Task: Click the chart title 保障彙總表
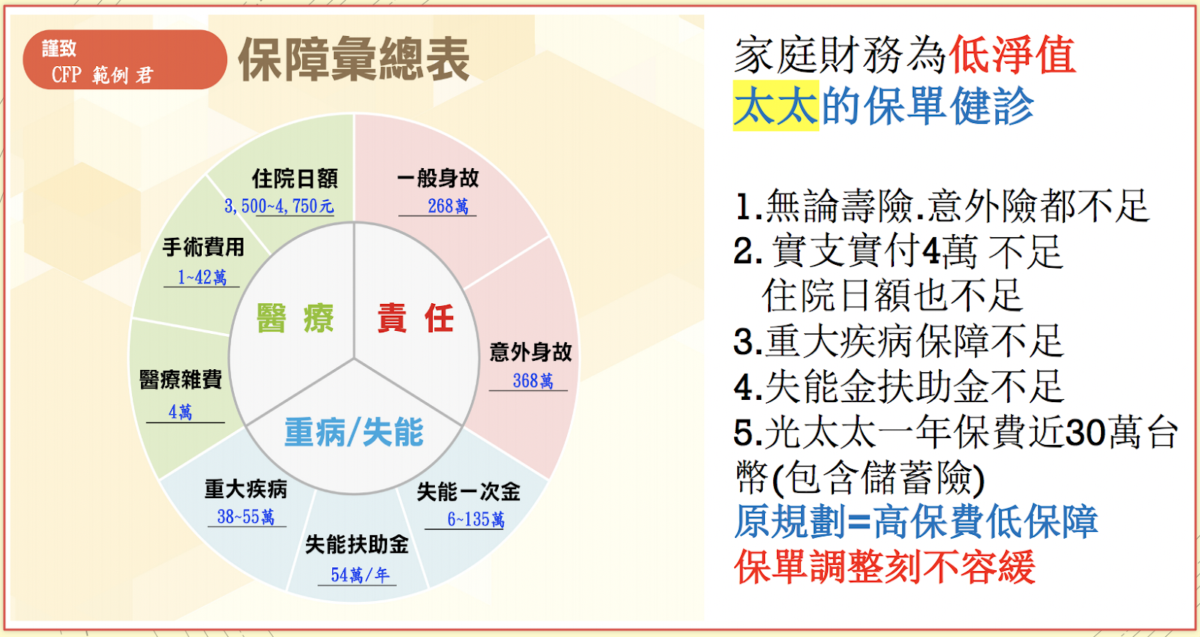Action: (x=353, y=59)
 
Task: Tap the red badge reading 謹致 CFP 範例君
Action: (x=124, y=59)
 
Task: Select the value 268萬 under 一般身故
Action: (x=448, y=206)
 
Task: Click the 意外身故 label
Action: (x=530, y=353)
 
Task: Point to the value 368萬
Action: (x=532, y=381)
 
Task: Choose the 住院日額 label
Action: (x=295, y=179)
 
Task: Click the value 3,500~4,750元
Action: (x=279, y=206)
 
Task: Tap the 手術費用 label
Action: (x=203, y=248)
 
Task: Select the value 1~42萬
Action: (x=202, y=277)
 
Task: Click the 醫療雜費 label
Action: (x=181, y=380)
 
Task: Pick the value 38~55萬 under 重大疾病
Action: (x=246, y=517)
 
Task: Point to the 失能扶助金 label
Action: (x=357, y=545)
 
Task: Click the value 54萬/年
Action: (x=360, y=575)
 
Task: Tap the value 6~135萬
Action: (x=475, y=519)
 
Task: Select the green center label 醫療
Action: (x=295, y=317)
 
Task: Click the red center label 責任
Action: (x=416, y=317)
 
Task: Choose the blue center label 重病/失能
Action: (x=354, y=432)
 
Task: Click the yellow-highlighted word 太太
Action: (x=775, y=106)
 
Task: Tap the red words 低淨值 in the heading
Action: (x=1012, y=56)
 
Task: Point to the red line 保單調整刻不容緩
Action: (x=884, y=566)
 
